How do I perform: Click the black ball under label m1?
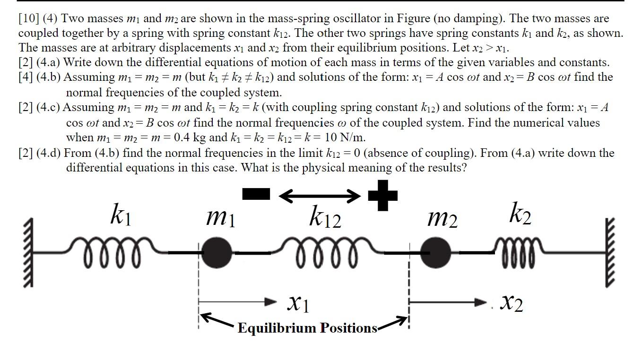pyautogui.click(x=217, y=253)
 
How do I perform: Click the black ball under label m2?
pyautogui.click(x=435, y=253)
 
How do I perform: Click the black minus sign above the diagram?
pyautogui.click(x=256, y=194)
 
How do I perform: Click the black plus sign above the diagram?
pyautogui.click(x=382, y=195)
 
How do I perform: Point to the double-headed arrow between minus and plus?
pyautogui.click(x=319, y=195)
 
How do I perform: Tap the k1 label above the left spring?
pyautogui.click(x=120, y=215)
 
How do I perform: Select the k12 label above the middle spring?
pyautogui.click(x=325, y=217)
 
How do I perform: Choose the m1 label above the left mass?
pyautogui.click(x=220, y=218)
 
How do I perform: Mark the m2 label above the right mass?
pyautogui.click(x=442, y=218)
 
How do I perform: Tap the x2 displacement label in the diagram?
pyautogui.click(x=512, y=302)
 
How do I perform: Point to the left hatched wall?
pyautogui.click(x=28, y=253)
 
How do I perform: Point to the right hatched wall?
pyautogui.click(x=610, y=253)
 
